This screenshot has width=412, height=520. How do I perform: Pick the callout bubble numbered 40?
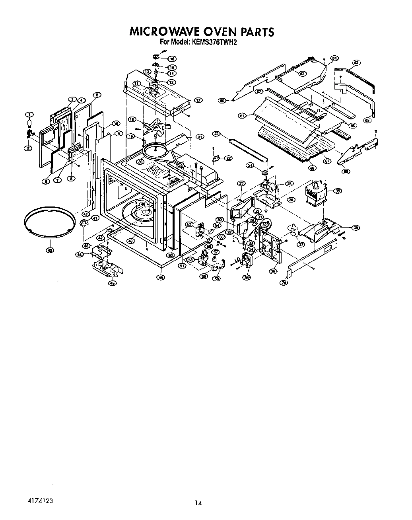49,251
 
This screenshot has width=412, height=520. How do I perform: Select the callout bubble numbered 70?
284,283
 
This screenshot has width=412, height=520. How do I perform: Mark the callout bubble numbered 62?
356,62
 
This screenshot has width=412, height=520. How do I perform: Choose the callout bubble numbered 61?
241,116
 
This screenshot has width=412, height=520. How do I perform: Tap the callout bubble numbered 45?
113,283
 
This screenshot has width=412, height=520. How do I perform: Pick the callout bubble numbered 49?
161,278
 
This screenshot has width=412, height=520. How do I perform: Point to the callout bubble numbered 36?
273,271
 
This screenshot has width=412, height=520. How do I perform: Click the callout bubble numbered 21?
200,137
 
